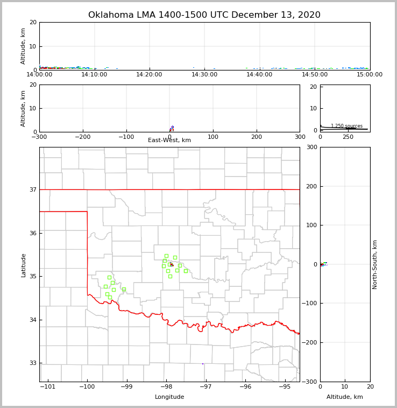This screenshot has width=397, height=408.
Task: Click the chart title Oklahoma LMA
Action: pos(204,15)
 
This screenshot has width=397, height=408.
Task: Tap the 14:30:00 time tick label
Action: pos(204,75)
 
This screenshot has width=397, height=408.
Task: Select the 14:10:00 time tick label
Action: pos(94,75)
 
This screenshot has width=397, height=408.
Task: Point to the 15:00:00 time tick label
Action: pos(370,75)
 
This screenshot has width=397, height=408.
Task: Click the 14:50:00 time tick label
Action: pos(315,75)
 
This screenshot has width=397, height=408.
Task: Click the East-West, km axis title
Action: pos(169,140)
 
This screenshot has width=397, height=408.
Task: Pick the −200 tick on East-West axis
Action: pos(82,137)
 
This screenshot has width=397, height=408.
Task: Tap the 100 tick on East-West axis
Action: pos(213,137)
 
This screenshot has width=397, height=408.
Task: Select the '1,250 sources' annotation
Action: pos(346,126)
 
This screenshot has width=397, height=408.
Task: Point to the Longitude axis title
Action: pos(169,397)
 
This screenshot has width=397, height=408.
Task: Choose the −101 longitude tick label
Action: pos(48,387)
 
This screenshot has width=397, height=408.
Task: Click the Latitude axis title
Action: pos(23,265)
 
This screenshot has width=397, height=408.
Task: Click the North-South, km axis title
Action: pos(375,264)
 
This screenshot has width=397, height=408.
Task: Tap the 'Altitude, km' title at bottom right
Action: pos(345,397)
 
